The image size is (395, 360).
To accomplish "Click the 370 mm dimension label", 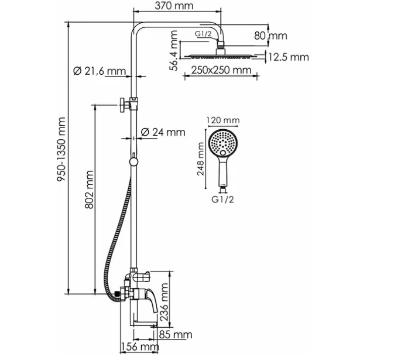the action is (174, 6).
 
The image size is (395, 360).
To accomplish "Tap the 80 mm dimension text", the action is (270, 36).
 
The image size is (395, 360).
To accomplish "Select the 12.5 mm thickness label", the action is (289, 57).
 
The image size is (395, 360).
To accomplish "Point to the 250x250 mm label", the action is (221, 70).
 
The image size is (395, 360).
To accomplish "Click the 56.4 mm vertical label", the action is (174, 50).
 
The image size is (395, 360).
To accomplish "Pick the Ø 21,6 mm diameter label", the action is (99, 71).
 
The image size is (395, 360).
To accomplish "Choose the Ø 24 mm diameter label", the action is (163, 132).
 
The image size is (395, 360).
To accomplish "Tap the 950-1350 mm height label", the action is (61, 149).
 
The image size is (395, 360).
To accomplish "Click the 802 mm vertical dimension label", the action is (89, 189).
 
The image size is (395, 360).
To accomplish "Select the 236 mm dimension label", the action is (164, 302).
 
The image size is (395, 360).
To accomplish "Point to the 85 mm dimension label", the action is (176, 335).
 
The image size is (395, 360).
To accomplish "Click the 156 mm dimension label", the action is (140, 347).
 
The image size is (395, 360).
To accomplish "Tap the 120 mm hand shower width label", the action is (223, 120).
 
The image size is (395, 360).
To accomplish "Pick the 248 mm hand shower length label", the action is (200, 159).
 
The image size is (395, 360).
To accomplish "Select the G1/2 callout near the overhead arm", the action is (203, 34).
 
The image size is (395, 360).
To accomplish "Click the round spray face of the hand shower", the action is (223, 143).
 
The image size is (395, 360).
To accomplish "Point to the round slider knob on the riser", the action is (134, 162).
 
